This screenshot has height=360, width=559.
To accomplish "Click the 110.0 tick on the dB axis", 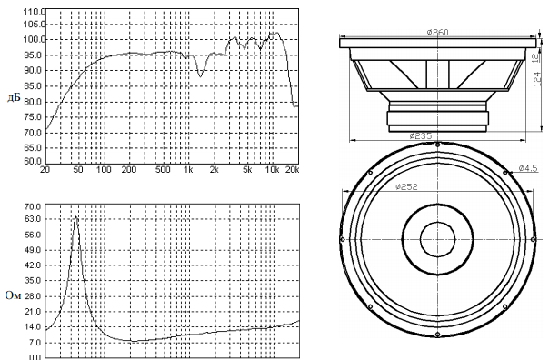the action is pos(35,12).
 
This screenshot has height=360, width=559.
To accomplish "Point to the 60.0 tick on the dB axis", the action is pos(33,161).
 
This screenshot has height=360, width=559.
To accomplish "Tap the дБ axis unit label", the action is pos(14,97).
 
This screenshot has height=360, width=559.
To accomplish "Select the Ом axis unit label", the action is pos(14,295).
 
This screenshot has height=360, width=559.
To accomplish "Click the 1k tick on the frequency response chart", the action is pos(188,169).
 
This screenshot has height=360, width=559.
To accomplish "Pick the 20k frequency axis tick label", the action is pos(293,169).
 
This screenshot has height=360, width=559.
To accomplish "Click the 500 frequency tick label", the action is pos(163,169).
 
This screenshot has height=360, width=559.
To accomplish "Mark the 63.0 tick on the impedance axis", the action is pos(33,219).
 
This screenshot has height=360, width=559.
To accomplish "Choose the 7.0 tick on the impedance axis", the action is pos(35,343).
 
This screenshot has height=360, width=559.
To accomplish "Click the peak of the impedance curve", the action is pos(76,216).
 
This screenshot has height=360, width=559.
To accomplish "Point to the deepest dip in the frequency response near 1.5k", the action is pos(200,76).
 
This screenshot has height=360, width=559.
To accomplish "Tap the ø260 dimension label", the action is pos(438,32).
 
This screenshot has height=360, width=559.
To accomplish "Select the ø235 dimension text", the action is pos(421,135).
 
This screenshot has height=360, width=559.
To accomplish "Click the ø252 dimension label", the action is pos(406,186).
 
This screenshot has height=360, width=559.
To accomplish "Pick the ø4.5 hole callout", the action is pos(527,168).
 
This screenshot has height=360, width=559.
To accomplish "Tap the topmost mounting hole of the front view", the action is pos(437,145).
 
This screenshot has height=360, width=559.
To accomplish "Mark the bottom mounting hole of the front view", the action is pos(437,335).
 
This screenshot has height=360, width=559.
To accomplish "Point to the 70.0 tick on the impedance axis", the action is pos(33,206).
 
